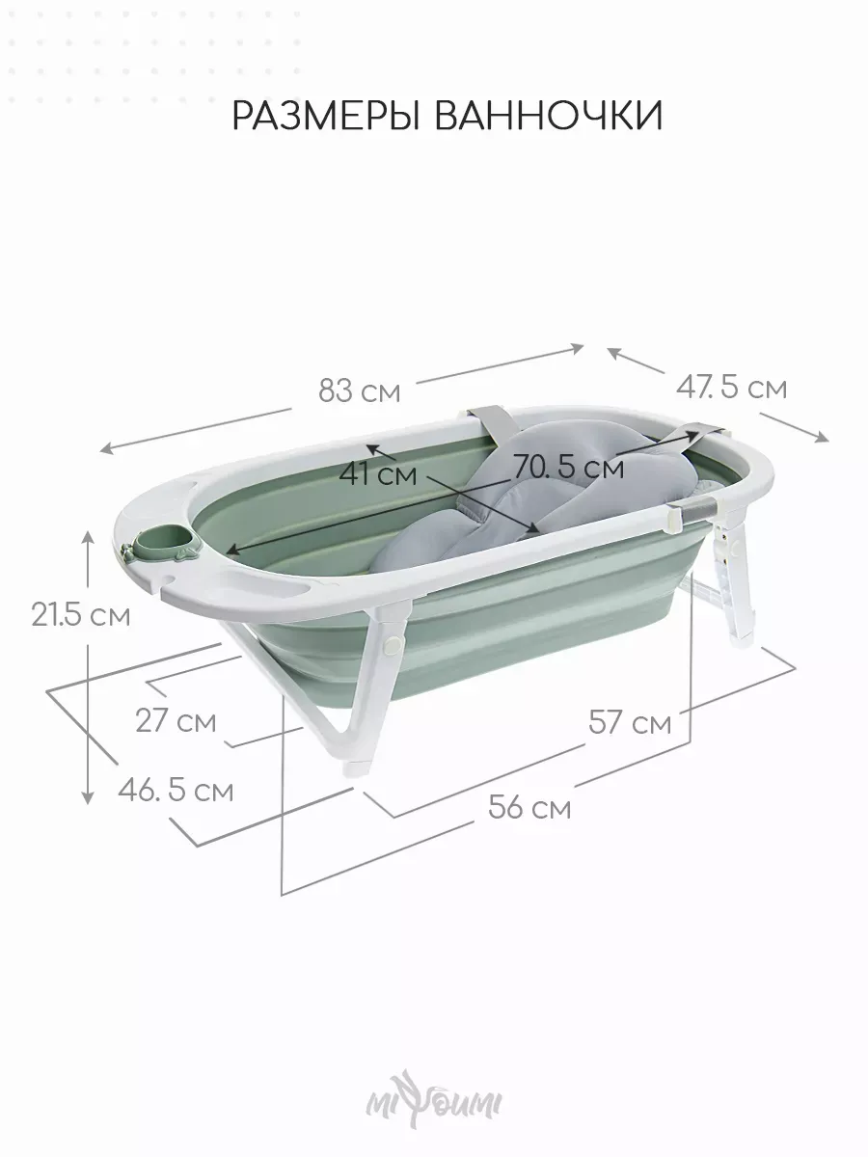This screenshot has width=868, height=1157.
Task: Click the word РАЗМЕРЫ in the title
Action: tap(326, 116)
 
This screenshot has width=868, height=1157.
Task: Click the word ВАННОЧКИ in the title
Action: tap(549, 116)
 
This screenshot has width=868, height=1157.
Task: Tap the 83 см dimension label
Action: tap(360, 391)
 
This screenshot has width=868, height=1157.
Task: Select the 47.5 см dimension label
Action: tap(731, 388)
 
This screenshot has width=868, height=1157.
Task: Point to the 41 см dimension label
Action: tap(378, 474)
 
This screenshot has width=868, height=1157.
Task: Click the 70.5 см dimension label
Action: tap(569, 467)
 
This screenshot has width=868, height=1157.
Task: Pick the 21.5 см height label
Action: tap(81, 614)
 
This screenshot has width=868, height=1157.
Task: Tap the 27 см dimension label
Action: tap(176, 720)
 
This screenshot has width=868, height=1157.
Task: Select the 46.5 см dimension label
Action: tap(176, 791)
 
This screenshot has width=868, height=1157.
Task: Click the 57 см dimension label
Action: tap(631, 722)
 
